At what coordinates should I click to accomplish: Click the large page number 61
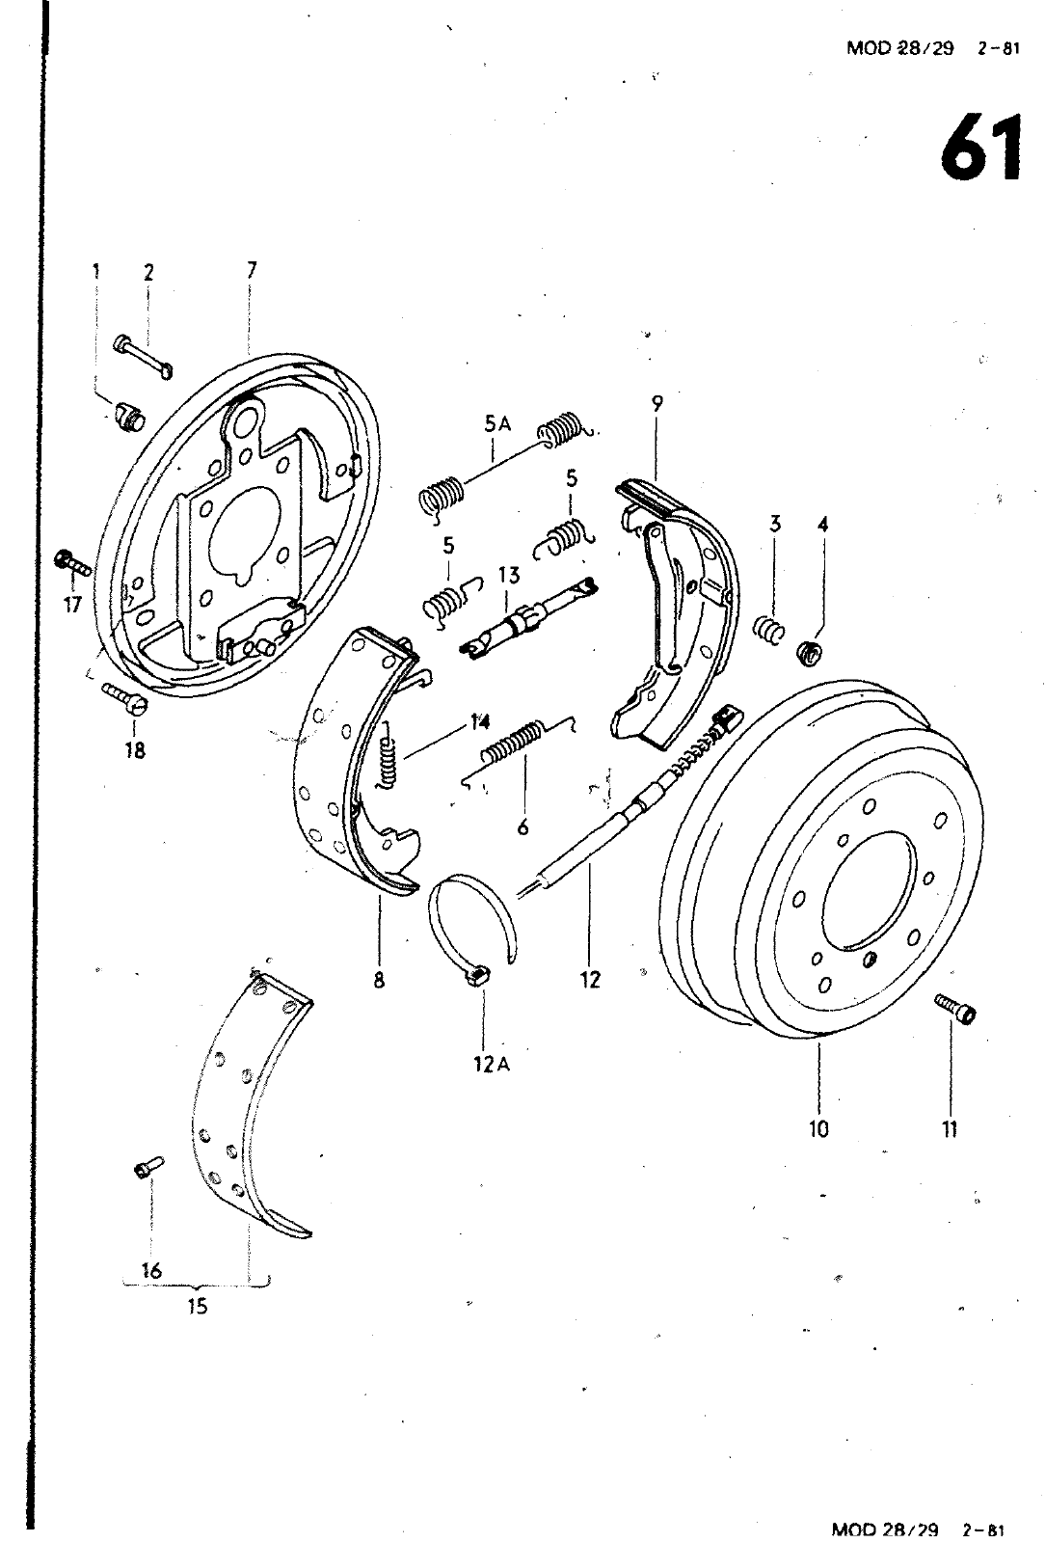[x=981, y=148]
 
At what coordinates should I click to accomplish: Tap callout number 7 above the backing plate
[x=252, y=270]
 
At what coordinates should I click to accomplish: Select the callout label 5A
[x=497, y=425]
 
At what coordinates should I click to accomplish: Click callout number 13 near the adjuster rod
[x=509, y=575]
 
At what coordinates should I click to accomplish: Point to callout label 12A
[x=492, y=1065]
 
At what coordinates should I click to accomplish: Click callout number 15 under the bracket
[x=198, y=1306]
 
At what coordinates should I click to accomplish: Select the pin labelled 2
[x=144, y=356]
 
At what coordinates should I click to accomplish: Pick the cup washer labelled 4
[x=808, y=651]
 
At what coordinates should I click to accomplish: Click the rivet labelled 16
[x=148, y=1166]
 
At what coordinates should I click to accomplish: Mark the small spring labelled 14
[x=389, y=755]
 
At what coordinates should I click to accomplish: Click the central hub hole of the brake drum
[x=869, y=888]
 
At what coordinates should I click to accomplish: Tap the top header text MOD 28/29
[x=899, y=48]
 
